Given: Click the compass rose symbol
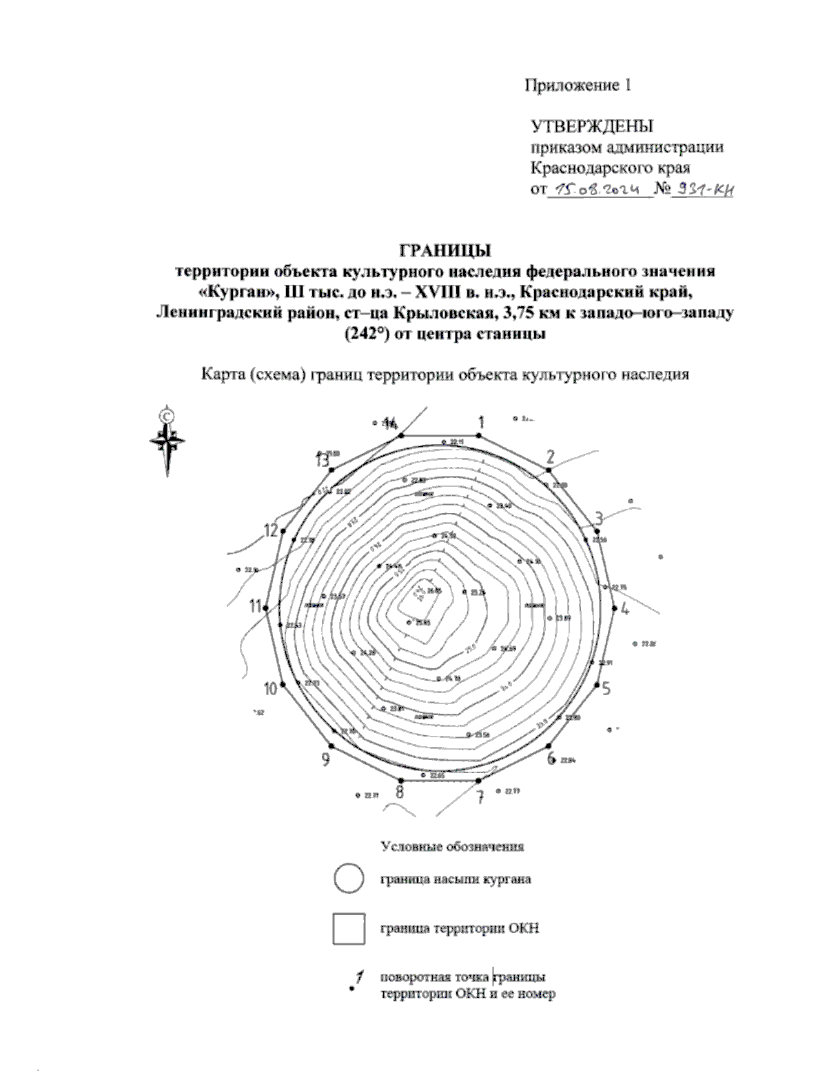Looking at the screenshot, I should pyautogui.click(x=167, y=440).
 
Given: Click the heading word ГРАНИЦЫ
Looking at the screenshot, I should pyautogui.click(x=445, y=249).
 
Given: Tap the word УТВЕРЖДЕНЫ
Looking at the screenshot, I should pyautogui.click(x=591, y=126).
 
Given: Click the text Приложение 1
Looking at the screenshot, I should pyautogui.click(x=578, y=86).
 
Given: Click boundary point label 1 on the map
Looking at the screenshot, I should pyautogui.click(x=482, y=421).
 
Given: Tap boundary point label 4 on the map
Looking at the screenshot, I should pyautogui.click(x=624, y=609).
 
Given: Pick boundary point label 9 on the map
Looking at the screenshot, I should pyautogui.click(x=325, y=759).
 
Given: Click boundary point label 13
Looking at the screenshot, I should pyautogui.click(x=322, y=460).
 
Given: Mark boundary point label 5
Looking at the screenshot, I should pyautogui.click(x=606, y=688).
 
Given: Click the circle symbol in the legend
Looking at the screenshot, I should pyautogui.click(x=348, y=879).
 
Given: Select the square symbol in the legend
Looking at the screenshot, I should pyautogui.click(x=348, y=928).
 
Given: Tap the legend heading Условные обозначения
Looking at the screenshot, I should pyautogui.click(x=452, y=845).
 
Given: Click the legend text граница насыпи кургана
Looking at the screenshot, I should pyautogui.click(x=455, y=880).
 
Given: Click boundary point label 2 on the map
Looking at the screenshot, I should pyautogui.click(x=550, y=456).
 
